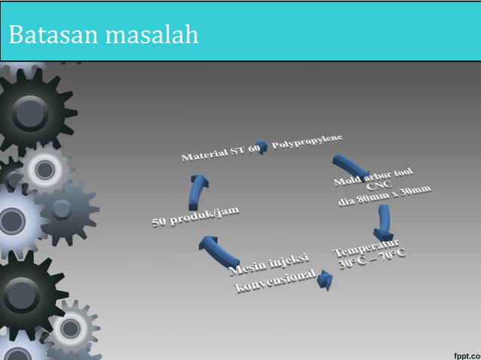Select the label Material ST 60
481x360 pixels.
pos(219,154)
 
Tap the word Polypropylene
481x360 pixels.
pos(308,141)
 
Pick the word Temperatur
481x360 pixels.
pos(366,248)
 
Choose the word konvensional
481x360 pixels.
pos(274,283)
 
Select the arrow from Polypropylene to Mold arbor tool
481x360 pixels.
pos(348,165)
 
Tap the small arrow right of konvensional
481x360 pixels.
pos(325,280)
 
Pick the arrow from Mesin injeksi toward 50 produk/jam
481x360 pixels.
pos(218,249)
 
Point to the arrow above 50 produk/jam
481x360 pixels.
pos(198,191)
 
